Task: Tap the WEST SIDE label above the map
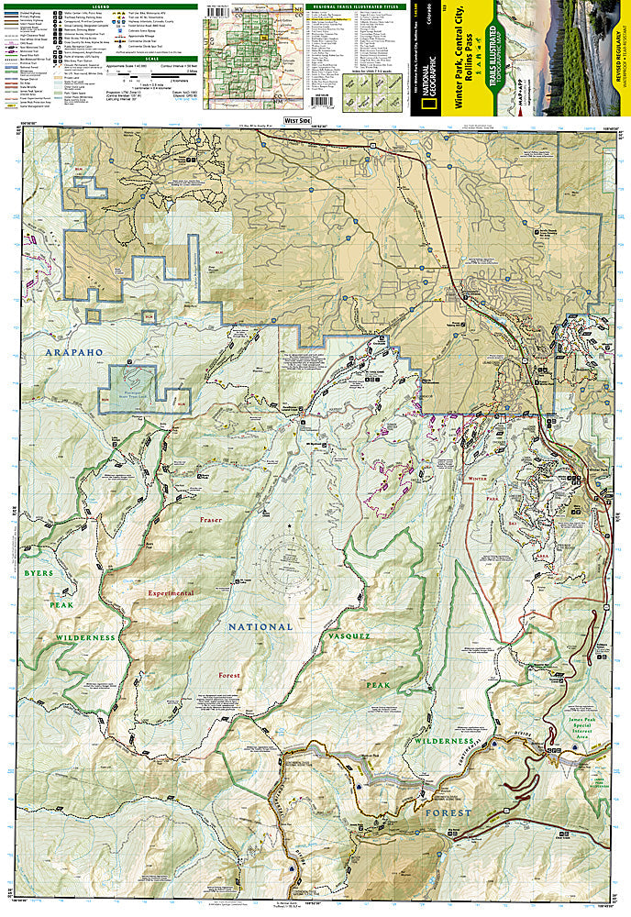click(297, 120)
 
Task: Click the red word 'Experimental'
click(166, 593)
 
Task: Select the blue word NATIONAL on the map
click(260, 627)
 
